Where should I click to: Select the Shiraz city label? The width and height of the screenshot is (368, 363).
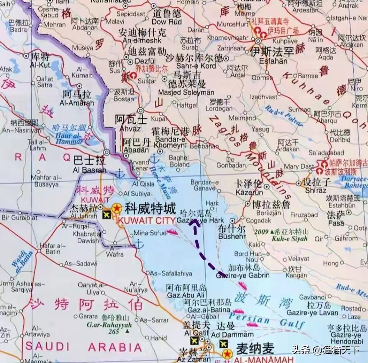pos(316,190)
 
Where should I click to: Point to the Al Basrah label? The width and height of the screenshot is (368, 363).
pos(89,170)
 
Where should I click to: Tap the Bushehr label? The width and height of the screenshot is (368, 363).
pos(231,237)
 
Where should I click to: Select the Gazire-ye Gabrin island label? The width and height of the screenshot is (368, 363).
pos(243,275)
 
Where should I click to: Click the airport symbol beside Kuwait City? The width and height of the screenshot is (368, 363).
pos(106,215)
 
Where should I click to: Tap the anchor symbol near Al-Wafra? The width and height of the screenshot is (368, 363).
pos(138,244)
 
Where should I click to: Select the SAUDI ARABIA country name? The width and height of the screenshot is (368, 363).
pos(84,347)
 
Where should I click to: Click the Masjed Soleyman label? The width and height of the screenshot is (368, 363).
pos(186,92)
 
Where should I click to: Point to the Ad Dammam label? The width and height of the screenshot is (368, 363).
pos(233,334)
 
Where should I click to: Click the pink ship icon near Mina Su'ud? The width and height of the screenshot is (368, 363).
pos(172,232)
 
